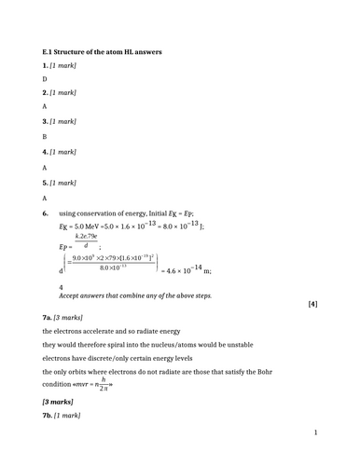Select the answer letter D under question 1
[45, 79]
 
